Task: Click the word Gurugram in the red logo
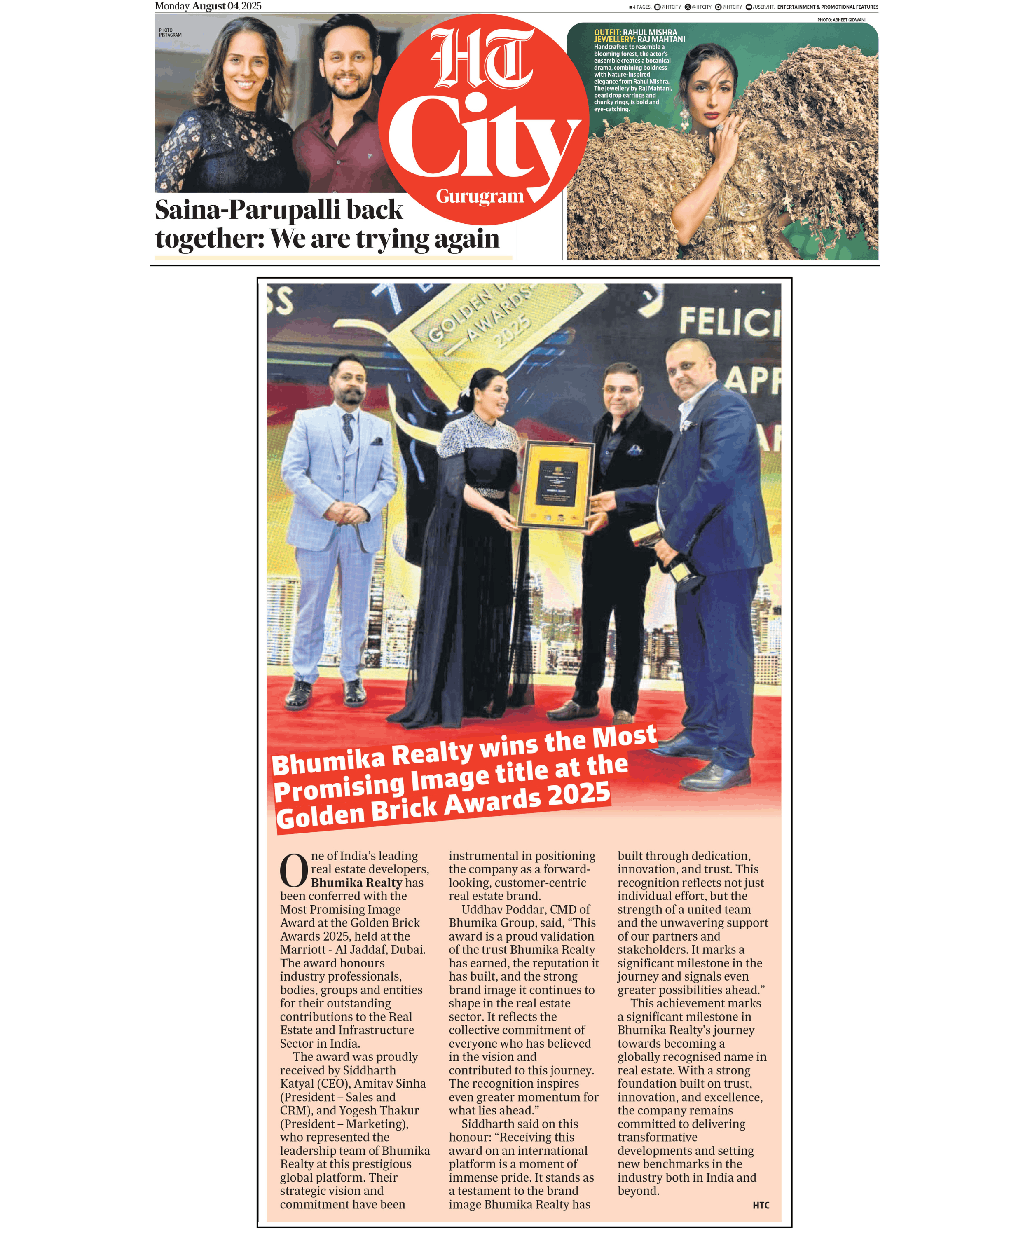click(x=480, y=196)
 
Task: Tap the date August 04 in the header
click(x=215, y=6)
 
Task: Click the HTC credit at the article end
click(x=761, y=1205)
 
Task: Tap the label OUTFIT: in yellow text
click(x=607, y=33)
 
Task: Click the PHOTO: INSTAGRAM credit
click(x=170, y=33)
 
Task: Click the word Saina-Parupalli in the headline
click(x=248, y=210)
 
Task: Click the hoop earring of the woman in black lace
click(x=267, y=87)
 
